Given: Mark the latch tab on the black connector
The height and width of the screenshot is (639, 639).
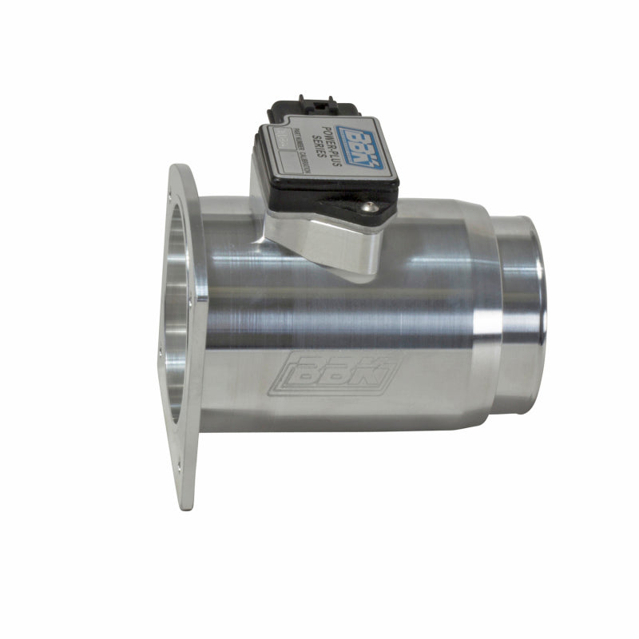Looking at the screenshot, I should click(x=308, y=101).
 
